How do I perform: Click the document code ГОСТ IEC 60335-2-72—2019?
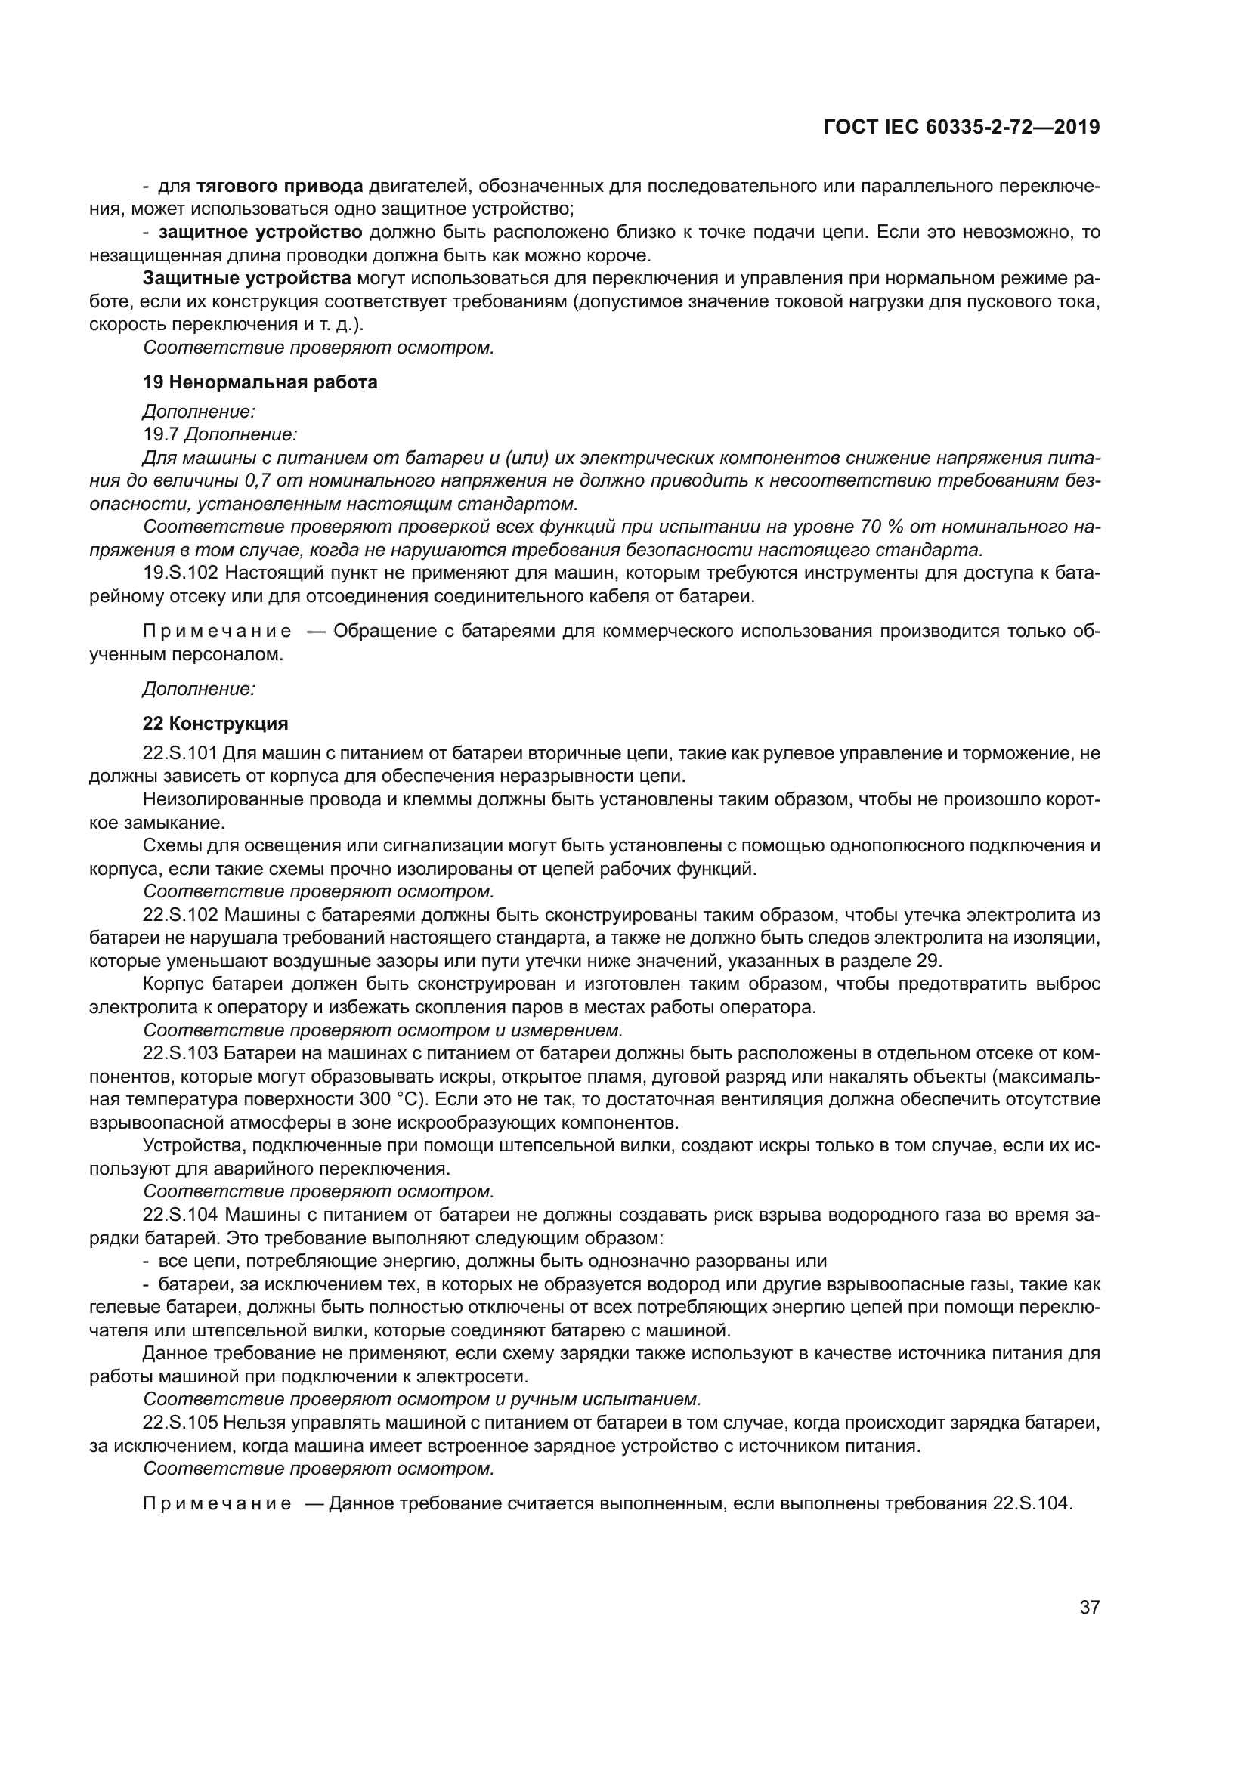point(961,127)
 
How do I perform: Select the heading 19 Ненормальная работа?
point(260,382)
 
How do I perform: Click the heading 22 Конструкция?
point(215,724)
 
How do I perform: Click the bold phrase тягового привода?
point(280,187)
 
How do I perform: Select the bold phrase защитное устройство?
point(260,233)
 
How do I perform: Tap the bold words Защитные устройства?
point(247,279)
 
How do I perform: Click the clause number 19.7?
point(161,435)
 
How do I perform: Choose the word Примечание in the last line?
point(217,1503)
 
